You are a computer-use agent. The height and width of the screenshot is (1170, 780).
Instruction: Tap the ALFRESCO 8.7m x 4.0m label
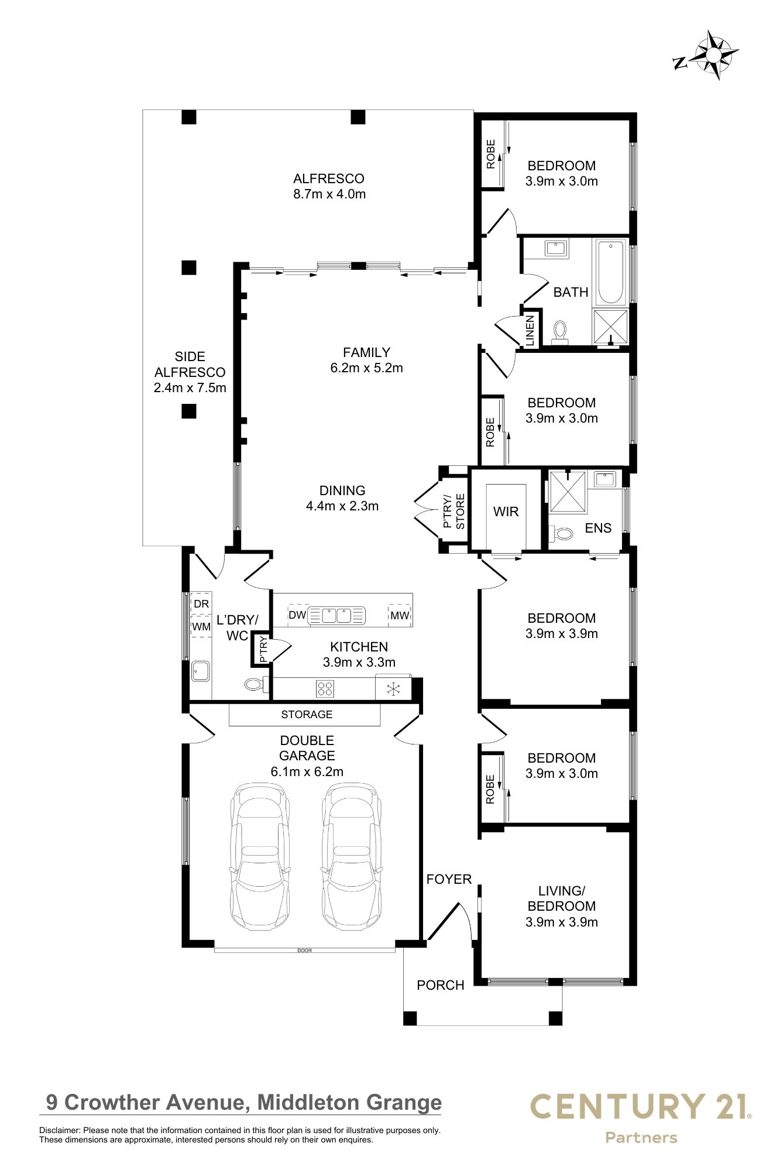tap(329, 186)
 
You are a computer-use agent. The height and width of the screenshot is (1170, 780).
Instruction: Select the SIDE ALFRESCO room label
tap(190, 372)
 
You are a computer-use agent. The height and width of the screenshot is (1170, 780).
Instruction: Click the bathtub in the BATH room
tap(611, 272)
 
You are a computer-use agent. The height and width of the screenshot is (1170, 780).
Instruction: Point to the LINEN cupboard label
tap(530, 330)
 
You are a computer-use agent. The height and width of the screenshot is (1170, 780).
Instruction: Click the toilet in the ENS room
tap(561, 533)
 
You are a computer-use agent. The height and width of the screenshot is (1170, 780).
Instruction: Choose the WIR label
tap(506, 512)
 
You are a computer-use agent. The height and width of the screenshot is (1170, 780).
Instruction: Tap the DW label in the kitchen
tap(297, 615)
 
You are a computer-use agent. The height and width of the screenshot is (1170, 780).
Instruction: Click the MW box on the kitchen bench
tap(400, 615)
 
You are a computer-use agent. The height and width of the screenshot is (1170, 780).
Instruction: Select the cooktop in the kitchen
tap(325, 688)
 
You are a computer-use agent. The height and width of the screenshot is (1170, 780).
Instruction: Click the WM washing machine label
tap(201, 627)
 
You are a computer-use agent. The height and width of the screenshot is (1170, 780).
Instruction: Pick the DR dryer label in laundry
tap(201, 603)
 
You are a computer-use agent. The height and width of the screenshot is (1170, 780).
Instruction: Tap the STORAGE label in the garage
tap(307, 714)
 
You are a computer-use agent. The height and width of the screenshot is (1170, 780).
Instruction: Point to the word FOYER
tap(449, 879)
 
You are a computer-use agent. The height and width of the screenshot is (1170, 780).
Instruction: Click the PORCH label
tap(440, 985)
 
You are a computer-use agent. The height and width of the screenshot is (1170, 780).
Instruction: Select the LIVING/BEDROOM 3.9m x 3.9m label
tap(561, 907)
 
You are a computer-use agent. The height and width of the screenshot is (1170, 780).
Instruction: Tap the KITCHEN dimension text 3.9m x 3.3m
tap(359, 663)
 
